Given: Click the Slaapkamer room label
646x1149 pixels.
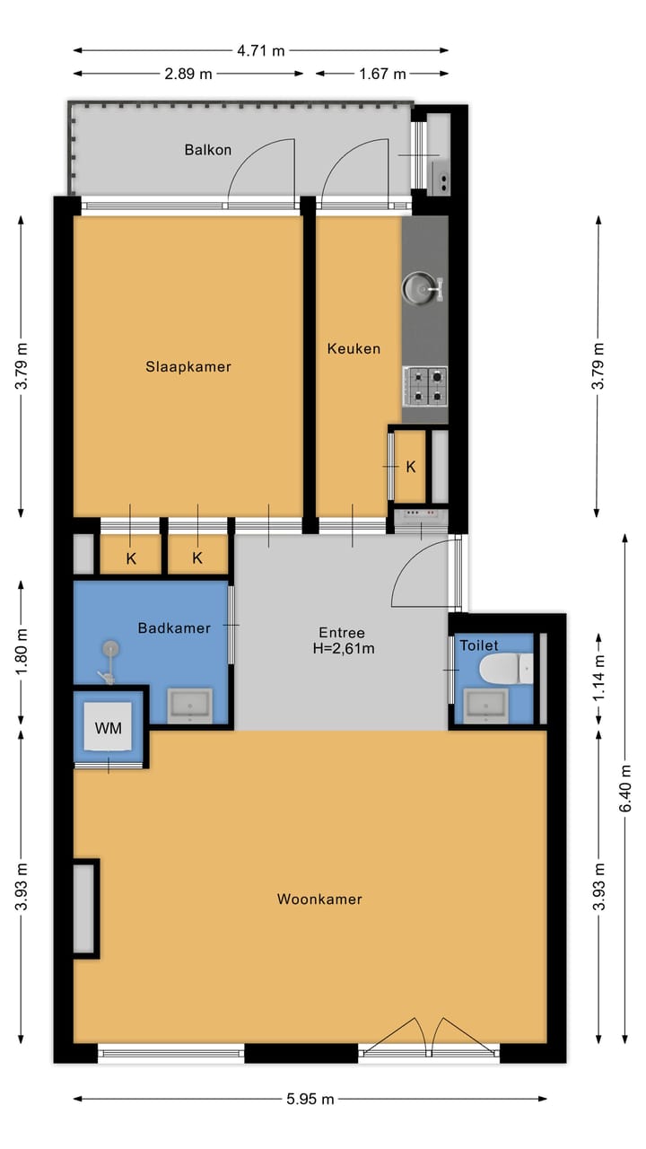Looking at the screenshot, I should [x=188, y=366].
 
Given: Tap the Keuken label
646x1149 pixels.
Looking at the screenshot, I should [x=354, y=348].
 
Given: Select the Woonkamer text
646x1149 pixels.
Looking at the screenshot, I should [x=319, y=899].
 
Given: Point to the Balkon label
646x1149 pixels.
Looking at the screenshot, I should [x=208, y=150].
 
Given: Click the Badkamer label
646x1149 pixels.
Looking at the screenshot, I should [x=174, y=627].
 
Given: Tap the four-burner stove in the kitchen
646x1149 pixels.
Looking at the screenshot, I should [x=424, y=385].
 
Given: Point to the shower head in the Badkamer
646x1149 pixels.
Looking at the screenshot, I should [x=110, y=647].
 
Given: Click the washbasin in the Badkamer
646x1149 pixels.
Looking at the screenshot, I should [x=190, y=706].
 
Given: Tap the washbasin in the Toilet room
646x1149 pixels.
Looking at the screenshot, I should [x=485, y=706].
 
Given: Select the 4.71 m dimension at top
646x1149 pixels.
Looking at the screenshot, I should [x=261, y=51].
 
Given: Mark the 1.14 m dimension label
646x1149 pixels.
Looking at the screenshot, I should [x=599, y=665].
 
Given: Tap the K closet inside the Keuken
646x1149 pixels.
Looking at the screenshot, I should [x=410, y=467].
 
